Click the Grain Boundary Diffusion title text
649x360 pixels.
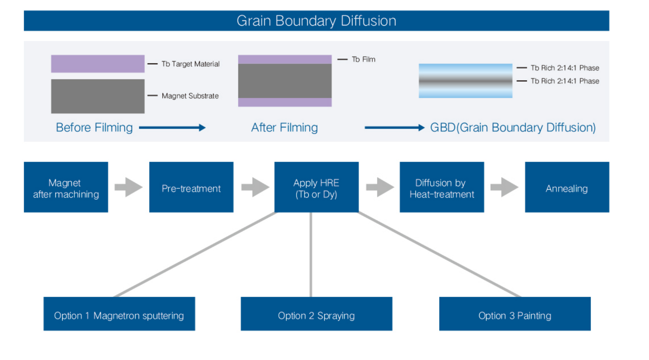(316, 21)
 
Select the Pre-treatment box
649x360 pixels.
(191, 187)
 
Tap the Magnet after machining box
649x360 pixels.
(66, 187)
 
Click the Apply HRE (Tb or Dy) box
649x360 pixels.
(316, 187)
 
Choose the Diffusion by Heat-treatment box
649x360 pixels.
(441, 187)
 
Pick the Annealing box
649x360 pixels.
(567, 187)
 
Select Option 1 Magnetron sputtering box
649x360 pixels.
(119, 314)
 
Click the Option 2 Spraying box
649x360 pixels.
(316, 314)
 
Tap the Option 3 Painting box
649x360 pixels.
(515, 314)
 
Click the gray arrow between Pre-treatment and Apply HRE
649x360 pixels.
(255, 187)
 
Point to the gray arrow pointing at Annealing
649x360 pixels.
(504, 187)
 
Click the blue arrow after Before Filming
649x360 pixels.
(172, 128)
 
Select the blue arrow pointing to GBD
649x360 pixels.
(394, 128)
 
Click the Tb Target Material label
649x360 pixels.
(190, 64)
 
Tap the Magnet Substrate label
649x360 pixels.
(190, 96)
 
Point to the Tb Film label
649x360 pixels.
(363, 59)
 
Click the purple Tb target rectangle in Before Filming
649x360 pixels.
(98, 64)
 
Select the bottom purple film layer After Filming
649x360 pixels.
(285, 102)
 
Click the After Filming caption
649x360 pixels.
(284, 128)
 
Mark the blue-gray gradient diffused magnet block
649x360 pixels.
(465, 81)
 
